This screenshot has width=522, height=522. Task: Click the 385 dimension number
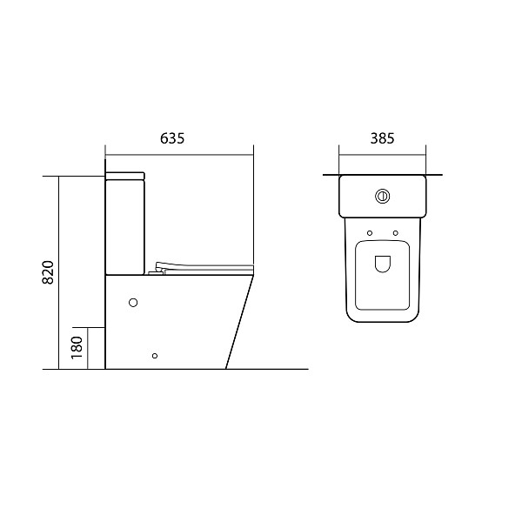pyautogui.click(x=383, y=138)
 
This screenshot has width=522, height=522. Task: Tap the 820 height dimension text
pyautogui.click(x=49, y=272)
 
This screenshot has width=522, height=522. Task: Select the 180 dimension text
pyautogui.click(x=76, y=347)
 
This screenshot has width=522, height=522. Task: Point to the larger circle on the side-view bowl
pyautogui.click(x=133, y=303)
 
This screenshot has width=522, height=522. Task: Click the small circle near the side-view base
pyautogui.click(x=155, y=355)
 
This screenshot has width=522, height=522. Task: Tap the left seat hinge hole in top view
pyautogui.click(x=370, y=232)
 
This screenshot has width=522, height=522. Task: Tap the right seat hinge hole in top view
pyautogui.click(x=395, y=232)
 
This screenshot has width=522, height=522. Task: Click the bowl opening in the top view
pyautogui.click(x=382, y=266)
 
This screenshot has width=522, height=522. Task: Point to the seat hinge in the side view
pyautogui.click(x=157, y=270)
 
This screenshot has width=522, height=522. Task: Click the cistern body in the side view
pyautogui.click(x=124, y=226)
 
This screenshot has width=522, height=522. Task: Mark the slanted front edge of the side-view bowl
pyautogui.click(x=241, y=322)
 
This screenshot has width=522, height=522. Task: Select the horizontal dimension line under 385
pyautogui.click(x=383, y=154)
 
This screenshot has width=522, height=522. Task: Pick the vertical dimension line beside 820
pyautogui.click(x=58, y=272)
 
